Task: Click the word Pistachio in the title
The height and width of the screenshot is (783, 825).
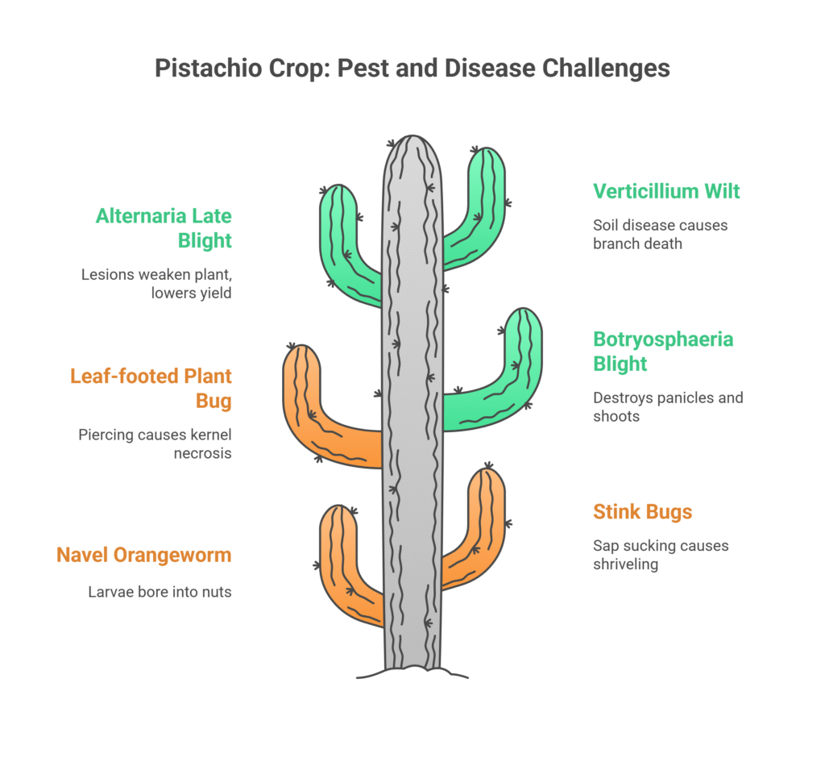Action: click(x=208, y=69)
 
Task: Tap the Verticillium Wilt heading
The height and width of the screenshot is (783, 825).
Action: click(x=666, y=191)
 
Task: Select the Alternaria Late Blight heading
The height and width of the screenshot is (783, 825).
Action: click(x=164, y=228)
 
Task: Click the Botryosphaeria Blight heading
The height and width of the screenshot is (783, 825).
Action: click(x=663, y=352)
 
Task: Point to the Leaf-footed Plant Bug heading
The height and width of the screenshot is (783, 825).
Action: click(x=151, y=388)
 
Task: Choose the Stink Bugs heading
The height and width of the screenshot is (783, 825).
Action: click(x=642, y=511)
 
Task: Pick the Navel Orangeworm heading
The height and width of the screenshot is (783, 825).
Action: click(x=144, y=555)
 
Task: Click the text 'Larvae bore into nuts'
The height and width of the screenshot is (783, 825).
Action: click(x=160, y=592)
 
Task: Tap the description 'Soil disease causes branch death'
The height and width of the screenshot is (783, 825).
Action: click(x=661, y=235)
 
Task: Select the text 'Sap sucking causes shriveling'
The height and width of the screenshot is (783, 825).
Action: click(x=661, y=555)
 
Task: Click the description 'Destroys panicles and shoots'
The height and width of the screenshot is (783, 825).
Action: click(x=668, y=406)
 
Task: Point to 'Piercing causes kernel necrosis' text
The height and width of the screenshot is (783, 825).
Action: click(x=155, y=444)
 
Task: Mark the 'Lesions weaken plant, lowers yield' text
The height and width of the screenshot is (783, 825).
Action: click(x=156, y=283)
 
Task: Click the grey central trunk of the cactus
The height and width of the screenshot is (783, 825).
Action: click(x=412, y=400)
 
